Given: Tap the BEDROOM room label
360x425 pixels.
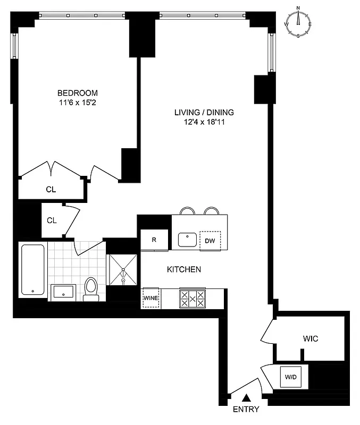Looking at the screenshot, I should (x=78, y=93).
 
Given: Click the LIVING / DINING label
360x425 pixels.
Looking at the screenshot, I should (x=204, y=112).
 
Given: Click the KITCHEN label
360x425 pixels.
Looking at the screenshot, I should (x=184, y=270).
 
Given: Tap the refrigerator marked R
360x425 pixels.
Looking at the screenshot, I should (x=154, y=240).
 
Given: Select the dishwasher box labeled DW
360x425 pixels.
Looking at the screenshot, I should (x=210, y=240).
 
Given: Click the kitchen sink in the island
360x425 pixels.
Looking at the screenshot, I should (x=187, y=240).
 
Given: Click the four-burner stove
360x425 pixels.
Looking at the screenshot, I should (x=192, y=298).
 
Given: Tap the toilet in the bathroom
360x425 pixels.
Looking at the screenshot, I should (x=91, y=289).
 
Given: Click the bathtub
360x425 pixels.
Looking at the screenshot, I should (x=34, y=270).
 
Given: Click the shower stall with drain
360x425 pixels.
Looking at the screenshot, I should (x=123, y=270).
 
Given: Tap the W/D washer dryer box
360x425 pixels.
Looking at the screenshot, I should (x=291, y=377).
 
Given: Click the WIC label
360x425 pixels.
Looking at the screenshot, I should (x=311, y=338).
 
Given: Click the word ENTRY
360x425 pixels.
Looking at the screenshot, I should (x=246, y=410).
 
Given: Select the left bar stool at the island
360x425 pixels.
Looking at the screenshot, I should (x=187, y=211).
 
